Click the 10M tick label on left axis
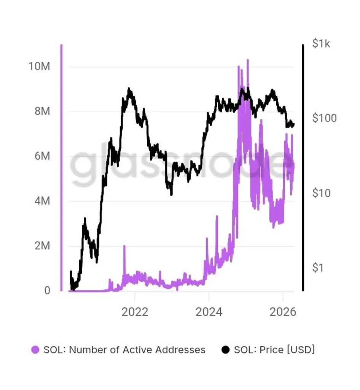tap(39, 67)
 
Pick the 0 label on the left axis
tap(47, 291)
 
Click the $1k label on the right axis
tap(322, 44)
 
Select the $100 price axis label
tap(324, 118)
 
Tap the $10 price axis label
tap(322, 193)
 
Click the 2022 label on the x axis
tap(135, 312)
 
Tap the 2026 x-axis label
tap(282, 312)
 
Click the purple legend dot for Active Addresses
tap(35, 350)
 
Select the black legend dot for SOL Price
tap(225, 350)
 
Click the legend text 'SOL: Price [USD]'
tap(274, 350)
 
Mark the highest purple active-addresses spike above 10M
tap(247, 60)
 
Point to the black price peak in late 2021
tap(129, 89)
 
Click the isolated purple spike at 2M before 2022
tap(124, 246)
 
